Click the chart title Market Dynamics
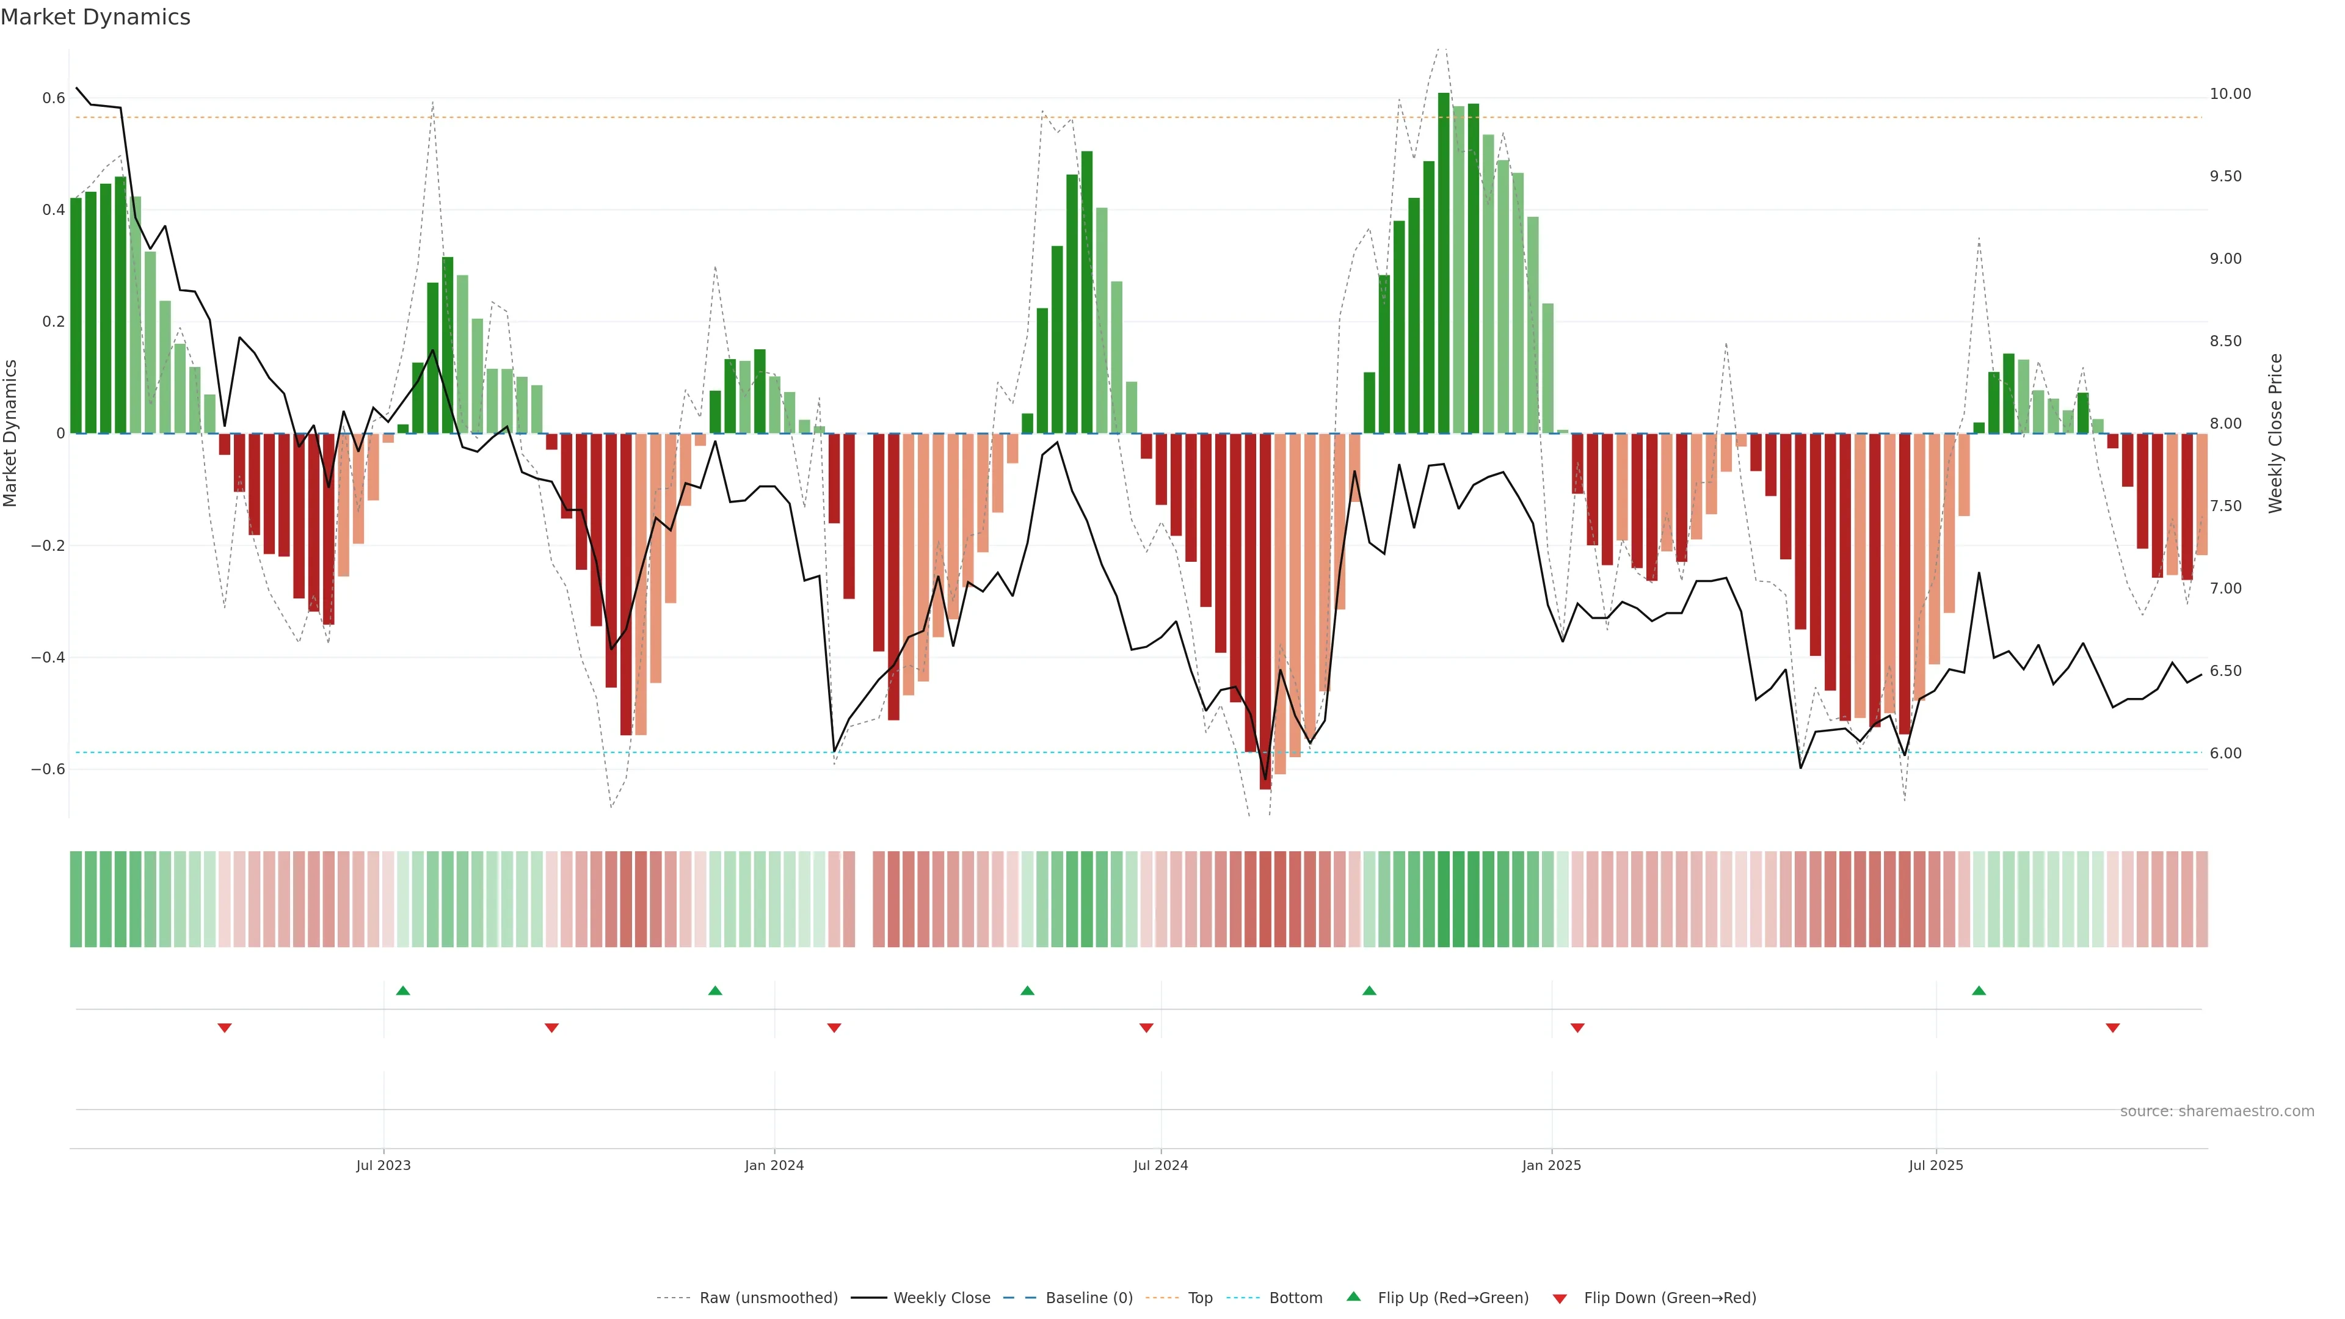96,17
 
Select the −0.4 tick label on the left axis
48,657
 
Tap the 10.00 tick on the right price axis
2230,94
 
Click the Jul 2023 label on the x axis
384,1165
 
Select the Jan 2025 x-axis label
1551,1165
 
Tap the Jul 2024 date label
1161,1165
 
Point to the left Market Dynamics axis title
11,434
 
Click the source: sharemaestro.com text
2217,1111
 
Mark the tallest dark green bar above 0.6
1443,264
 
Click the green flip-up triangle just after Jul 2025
1978,990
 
